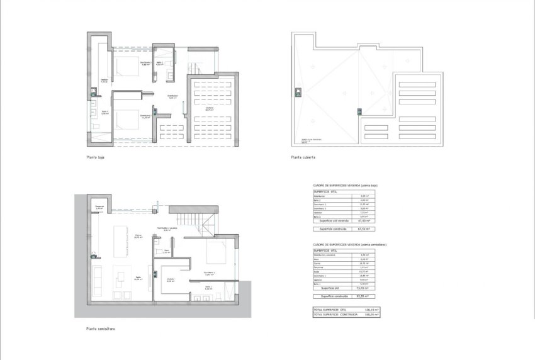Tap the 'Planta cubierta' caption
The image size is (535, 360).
[303, 157]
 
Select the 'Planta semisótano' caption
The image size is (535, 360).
[101, 329]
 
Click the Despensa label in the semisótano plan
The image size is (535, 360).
[99, 207]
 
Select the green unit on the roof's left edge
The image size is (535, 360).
[298, 93]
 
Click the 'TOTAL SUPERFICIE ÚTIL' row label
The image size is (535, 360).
[329, 310]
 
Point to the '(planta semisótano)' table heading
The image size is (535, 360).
[373, 244]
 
